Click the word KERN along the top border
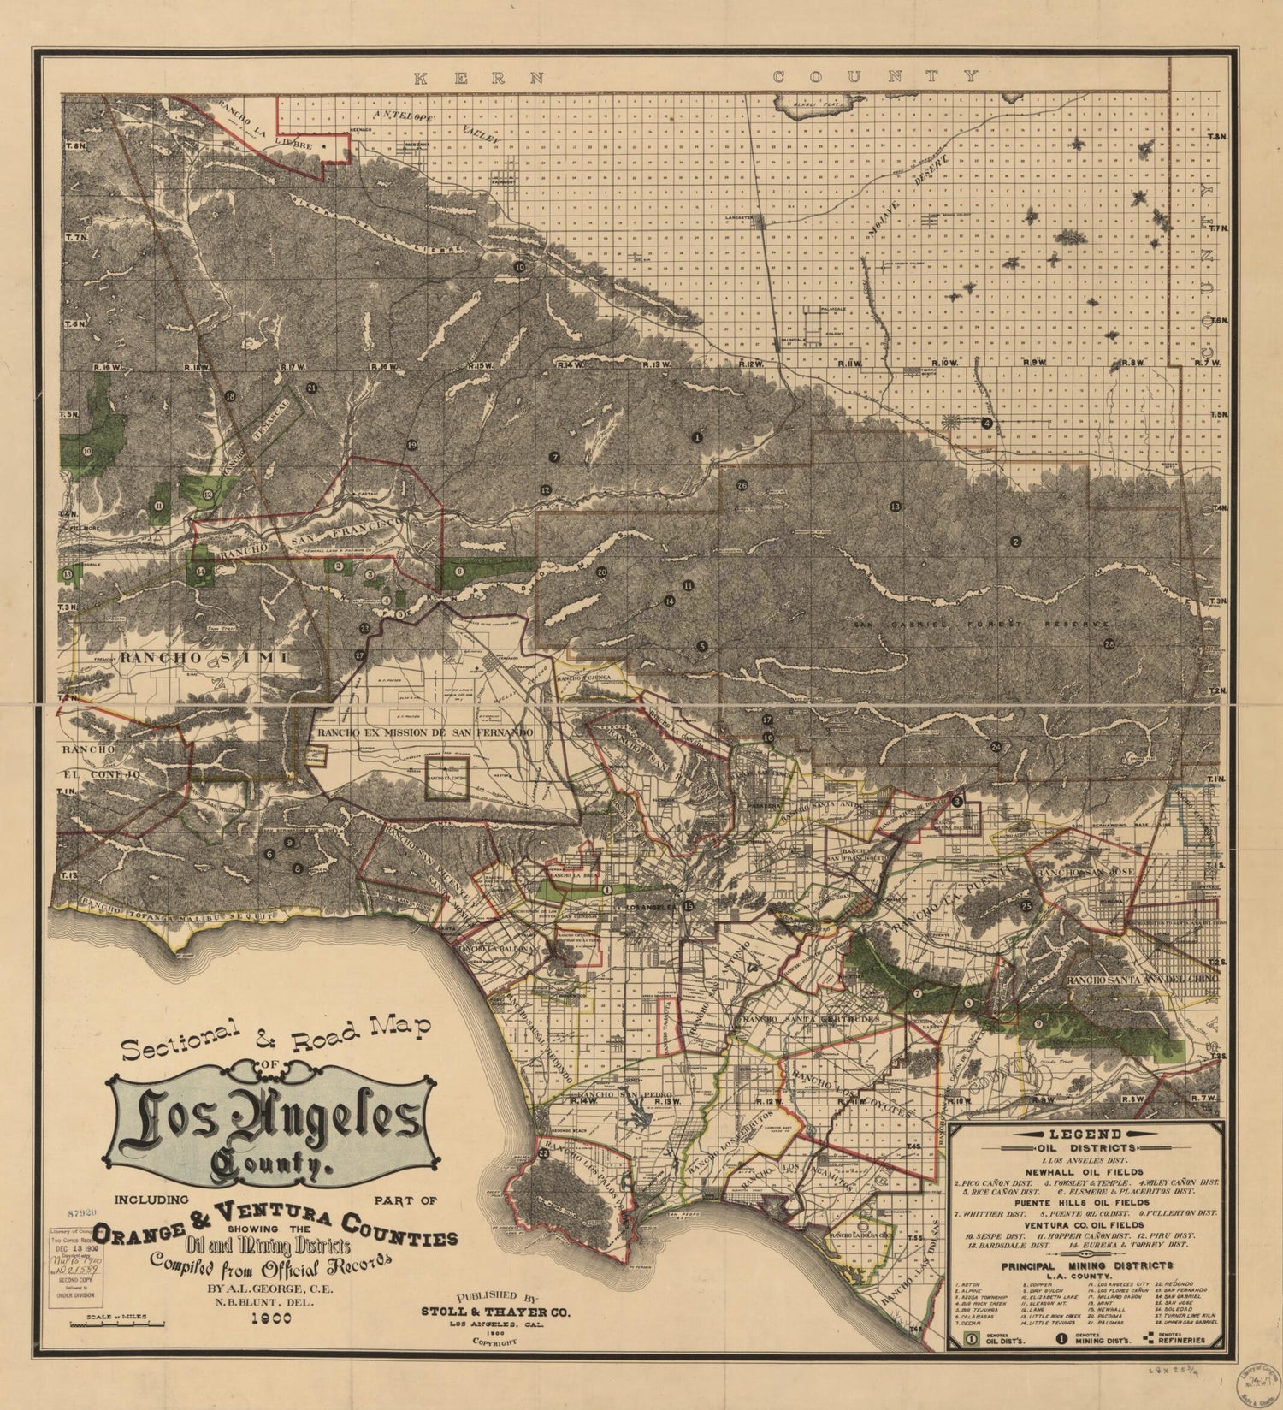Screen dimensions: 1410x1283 (479, 78)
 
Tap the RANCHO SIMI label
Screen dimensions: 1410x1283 (204, 657)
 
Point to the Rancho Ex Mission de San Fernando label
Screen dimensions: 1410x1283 (424, 733)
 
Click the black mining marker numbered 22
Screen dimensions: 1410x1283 (545, 1153)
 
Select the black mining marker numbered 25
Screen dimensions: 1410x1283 (1026, 906)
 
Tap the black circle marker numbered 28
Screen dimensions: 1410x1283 (1109, 644)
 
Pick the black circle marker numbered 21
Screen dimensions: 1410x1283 (311, 388)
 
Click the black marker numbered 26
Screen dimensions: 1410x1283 (742, 485)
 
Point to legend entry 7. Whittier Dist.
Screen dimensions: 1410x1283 (990, 1213)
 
